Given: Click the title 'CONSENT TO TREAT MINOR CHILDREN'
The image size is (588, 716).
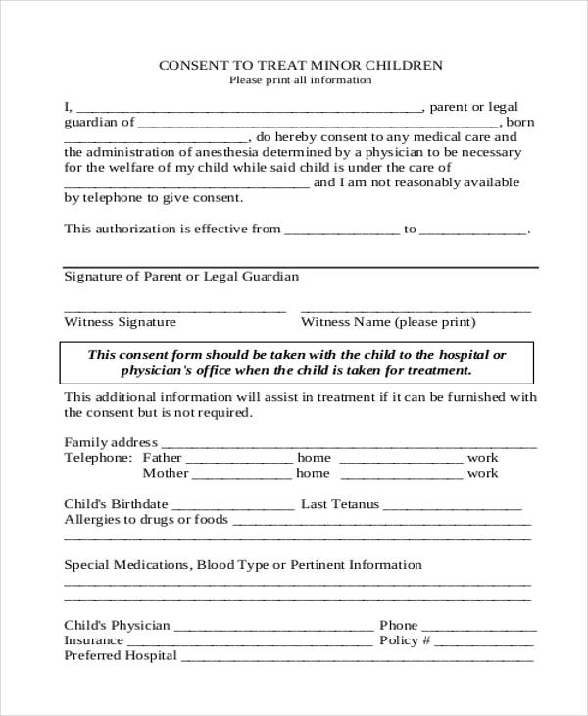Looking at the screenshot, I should (300, 65).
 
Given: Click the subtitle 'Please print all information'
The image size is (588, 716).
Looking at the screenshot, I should (300, 80).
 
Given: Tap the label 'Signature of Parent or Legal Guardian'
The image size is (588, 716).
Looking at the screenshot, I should (181, 277).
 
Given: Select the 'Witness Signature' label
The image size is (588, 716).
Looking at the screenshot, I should (120, 322).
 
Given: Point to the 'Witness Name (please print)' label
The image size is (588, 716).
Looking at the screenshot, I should (388, 322).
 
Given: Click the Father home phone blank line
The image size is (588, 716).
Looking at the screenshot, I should (239, 459).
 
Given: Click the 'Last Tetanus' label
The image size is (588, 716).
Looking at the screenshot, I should (338, 504).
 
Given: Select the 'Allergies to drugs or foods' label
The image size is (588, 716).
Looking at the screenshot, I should (146, 519).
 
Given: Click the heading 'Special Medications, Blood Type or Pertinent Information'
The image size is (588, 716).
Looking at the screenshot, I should (243, 565).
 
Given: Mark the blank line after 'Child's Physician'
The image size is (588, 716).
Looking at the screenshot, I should (273, 626).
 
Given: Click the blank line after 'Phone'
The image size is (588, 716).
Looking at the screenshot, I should (478, 626).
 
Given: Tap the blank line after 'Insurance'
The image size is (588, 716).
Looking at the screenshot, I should (250, 641).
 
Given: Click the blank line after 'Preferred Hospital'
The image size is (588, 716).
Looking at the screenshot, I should (358, 656).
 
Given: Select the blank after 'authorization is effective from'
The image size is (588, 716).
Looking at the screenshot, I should (342, 230).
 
